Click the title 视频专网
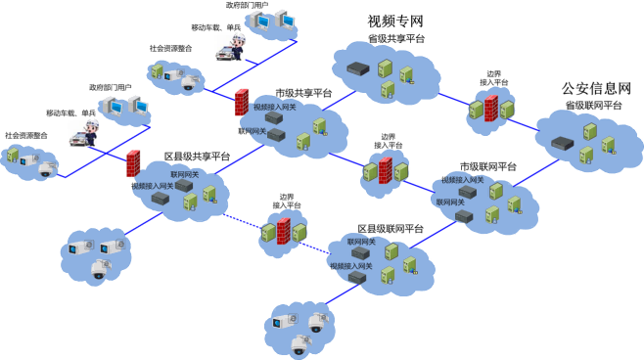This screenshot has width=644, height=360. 395,22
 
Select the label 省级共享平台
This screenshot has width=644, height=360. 395,39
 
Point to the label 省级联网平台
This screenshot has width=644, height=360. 594,106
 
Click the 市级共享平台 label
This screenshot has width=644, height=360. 303,94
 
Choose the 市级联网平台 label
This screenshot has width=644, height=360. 487,167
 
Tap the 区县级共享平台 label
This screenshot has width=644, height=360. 197,157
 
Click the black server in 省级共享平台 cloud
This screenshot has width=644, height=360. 356,69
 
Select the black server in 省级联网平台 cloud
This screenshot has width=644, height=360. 561,143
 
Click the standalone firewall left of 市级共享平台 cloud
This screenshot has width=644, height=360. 241,100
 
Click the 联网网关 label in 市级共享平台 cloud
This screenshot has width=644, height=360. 253,130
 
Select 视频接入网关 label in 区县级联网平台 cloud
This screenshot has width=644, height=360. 349,265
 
